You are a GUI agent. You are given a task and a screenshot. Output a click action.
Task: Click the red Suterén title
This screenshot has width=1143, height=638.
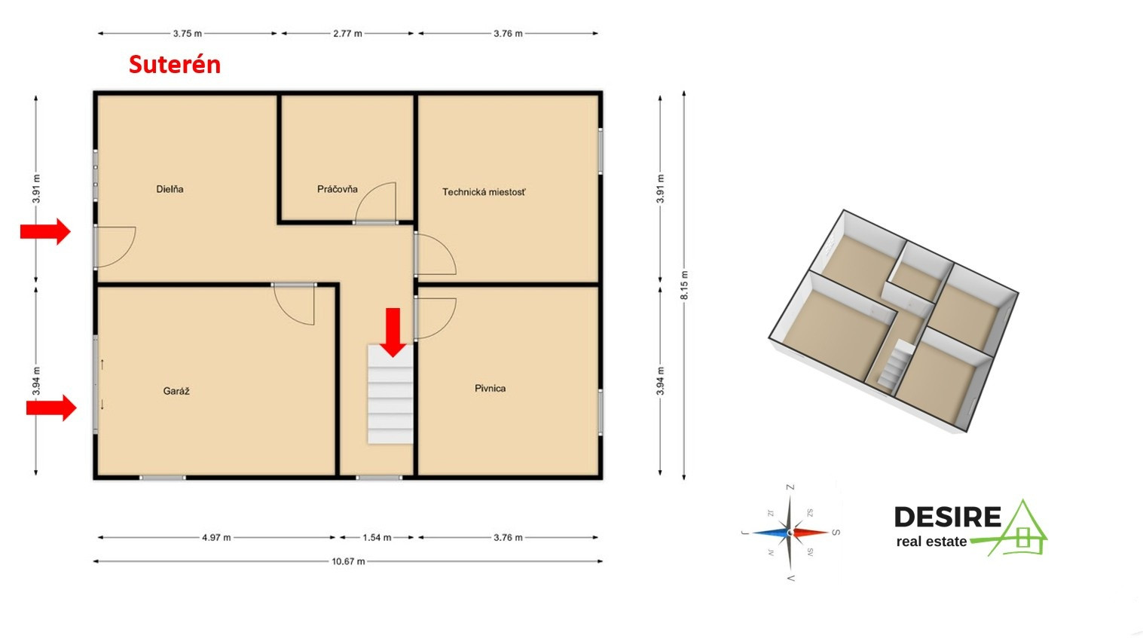coord(175,65)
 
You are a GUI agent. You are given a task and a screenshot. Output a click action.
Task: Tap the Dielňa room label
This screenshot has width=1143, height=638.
coord(170,189)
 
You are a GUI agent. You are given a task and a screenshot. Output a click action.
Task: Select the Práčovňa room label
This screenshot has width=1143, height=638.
coord(338,189)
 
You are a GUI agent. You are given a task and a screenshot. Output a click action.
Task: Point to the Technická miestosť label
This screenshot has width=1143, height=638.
coord(484,192)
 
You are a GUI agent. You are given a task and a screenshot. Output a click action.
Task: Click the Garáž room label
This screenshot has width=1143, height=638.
coord(176,391)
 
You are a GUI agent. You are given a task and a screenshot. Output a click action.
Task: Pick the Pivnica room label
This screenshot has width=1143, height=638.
coord(491,389)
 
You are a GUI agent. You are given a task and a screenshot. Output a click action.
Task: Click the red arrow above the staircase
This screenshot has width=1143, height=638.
coord(393,332)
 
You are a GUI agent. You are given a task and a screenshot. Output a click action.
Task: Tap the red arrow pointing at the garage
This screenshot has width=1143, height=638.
coord(51,408)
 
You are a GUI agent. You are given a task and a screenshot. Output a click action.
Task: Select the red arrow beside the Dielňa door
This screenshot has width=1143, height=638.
coord(45,231)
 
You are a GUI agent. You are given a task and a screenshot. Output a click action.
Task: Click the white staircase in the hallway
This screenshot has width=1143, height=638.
coord(390,394)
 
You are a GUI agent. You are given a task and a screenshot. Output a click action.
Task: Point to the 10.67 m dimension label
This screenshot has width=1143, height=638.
coord(349,561)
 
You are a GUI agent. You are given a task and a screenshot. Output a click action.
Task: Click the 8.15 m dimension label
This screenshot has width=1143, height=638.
coord(684,285)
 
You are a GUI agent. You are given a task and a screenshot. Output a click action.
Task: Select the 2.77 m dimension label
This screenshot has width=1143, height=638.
coord(347,34)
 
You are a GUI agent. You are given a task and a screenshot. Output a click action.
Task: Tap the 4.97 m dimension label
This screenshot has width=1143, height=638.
coord(216,538)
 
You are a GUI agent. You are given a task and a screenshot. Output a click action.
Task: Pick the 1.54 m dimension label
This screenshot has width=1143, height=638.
coord(377,538)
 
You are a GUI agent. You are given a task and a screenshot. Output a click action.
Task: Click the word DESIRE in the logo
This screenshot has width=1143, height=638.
coord(948,517)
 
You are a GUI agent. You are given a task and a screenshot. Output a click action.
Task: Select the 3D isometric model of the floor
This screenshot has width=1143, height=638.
coord(893,322)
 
